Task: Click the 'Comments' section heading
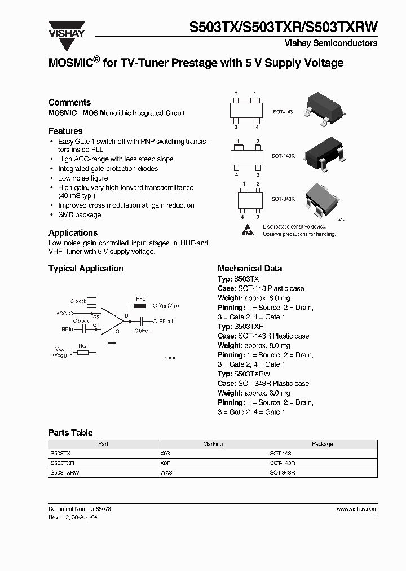coord(69,102)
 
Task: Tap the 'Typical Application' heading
coord(86,269)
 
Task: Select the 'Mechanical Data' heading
coord(250,269)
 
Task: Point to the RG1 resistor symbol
coord(83,353)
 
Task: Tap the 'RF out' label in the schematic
coord(166,321)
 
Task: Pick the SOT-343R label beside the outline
coord(283,199)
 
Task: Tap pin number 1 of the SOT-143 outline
coord(255,93)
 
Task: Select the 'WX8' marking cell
coord(166,472)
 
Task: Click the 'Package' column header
coord(322,444)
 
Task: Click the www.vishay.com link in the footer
coord(357,508)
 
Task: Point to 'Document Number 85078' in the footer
coord(80,508)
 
